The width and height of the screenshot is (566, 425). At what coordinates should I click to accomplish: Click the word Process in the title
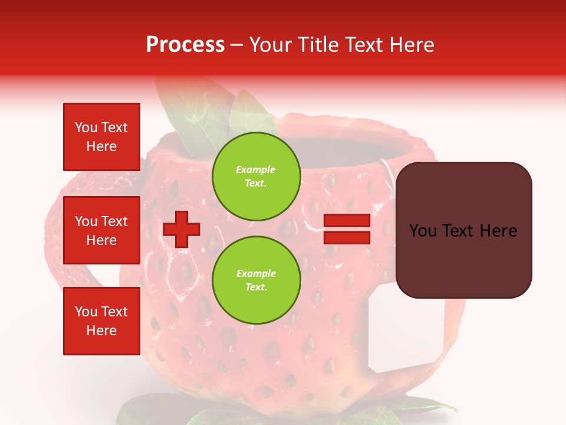pyautogui.click(x=185, y=45)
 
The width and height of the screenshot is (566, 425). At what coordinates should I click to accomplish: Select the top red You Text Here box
pyautogui.click(x=101, y=137)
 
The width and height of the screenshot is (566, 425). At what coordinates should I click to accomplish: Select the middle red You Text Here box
pyautogui.click(x=101, y=230)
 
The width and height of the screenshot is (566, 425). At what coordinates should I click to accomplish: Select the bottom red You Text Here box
pyautogui.click(x=101, y=321)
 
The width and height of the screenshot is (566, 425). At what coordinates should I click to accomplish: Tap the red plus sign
pyautogui.click(x=182, y=229)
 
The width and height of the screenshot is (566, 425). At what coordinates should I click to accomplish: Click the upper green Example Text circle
pyautogui.click(x=256, y=176)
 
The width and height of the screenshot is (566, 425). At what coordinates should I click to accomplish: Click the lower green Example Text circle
pyautogui.click(x=256, y=280)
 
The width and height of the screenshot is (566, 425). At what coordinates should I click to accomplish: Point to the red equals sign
pyautogui.click(x=347, y=229)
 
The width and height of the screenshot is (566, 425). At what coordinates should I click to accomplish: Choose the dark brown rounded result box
pyautogui.click(x=463, y=230)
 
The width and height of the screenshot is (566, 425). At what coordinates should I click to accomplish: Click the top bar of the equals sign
pyautogui.click(x=347, y=221)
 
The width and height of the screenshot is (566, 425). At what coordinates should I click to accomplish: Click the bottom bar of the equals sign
pyautogui.click(x=347, y=237)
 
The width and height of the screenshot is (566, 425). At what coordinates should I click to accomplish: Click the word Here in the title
pyautogui.click(x=414, y=45)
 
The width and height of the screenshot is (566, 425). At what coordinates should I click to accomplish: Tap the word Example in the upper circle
pyautogui.click(x=256, y=169)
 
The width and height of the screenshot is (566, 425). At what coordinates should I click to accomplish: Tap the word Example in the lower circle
pyautogui.click(x=256, y=273)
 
